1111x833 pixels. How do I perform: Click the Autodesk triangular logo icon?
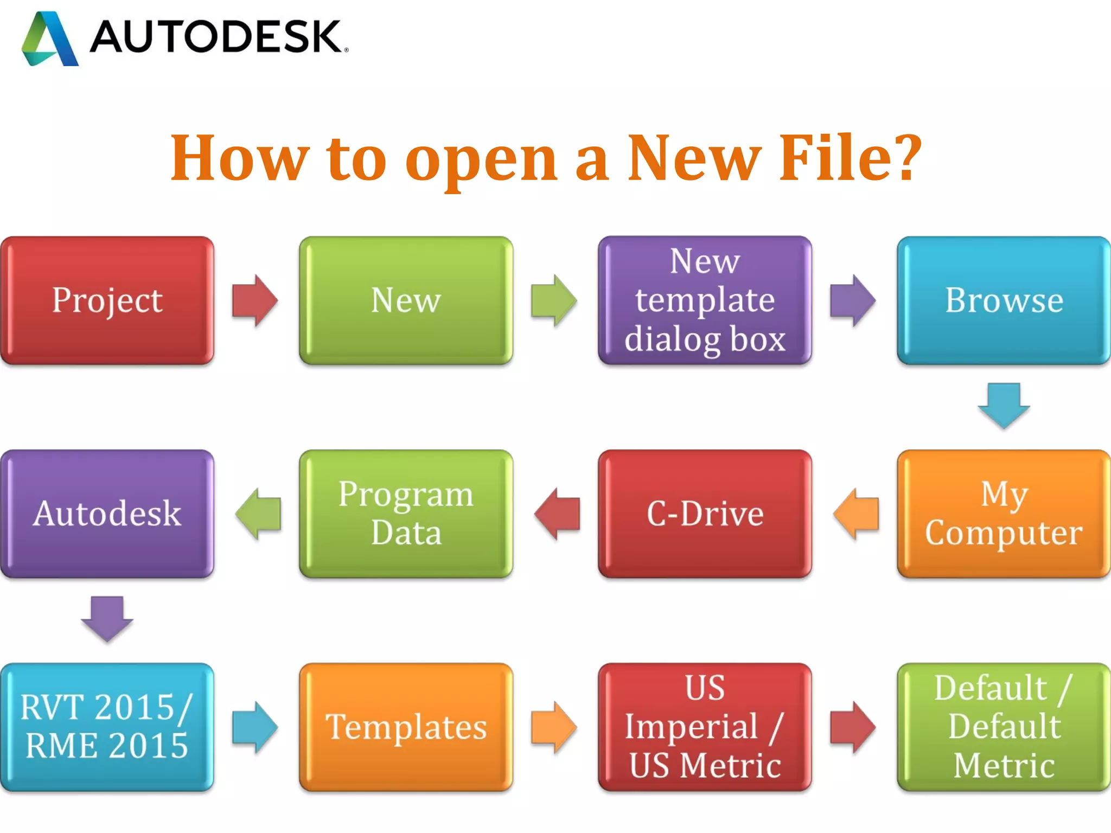[x=50, y=39]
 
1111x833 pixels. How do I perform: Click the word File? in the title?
[x=850, y=158]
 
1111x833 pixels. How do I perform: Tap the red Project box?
[x=107, y=300]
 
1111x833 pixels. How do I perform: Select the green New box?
[x=406, y=300]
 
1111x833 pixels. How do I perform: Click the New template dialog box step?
[x=705, y=300]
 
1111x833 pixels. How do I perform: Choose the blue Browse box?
[x=1004, y=300]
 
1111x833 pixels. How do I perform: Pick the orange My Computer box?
[x=1004, y=514]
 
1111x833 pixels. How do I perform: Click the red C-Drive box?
[x=705, y=514]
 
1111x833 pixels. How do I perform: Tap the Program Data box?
[x=406, y=514]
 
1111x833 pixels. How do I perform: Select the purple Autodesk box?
[x=107, y=514]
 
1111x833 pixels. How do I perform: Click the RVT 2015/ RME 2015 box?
[x=107, y=727]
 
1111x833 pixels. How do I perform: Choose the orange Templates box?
[x=406, y=727]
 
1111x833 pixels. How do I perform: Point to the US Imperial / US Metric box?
[x=705, y=727]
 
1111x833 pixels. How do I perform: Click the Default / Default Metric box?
[x=1004, y=727]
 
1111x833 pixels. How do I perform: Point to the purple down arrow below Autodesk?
[x=107, y=619]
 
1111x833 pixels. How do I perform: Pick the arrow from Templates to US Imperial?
[x=554, y=727]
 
